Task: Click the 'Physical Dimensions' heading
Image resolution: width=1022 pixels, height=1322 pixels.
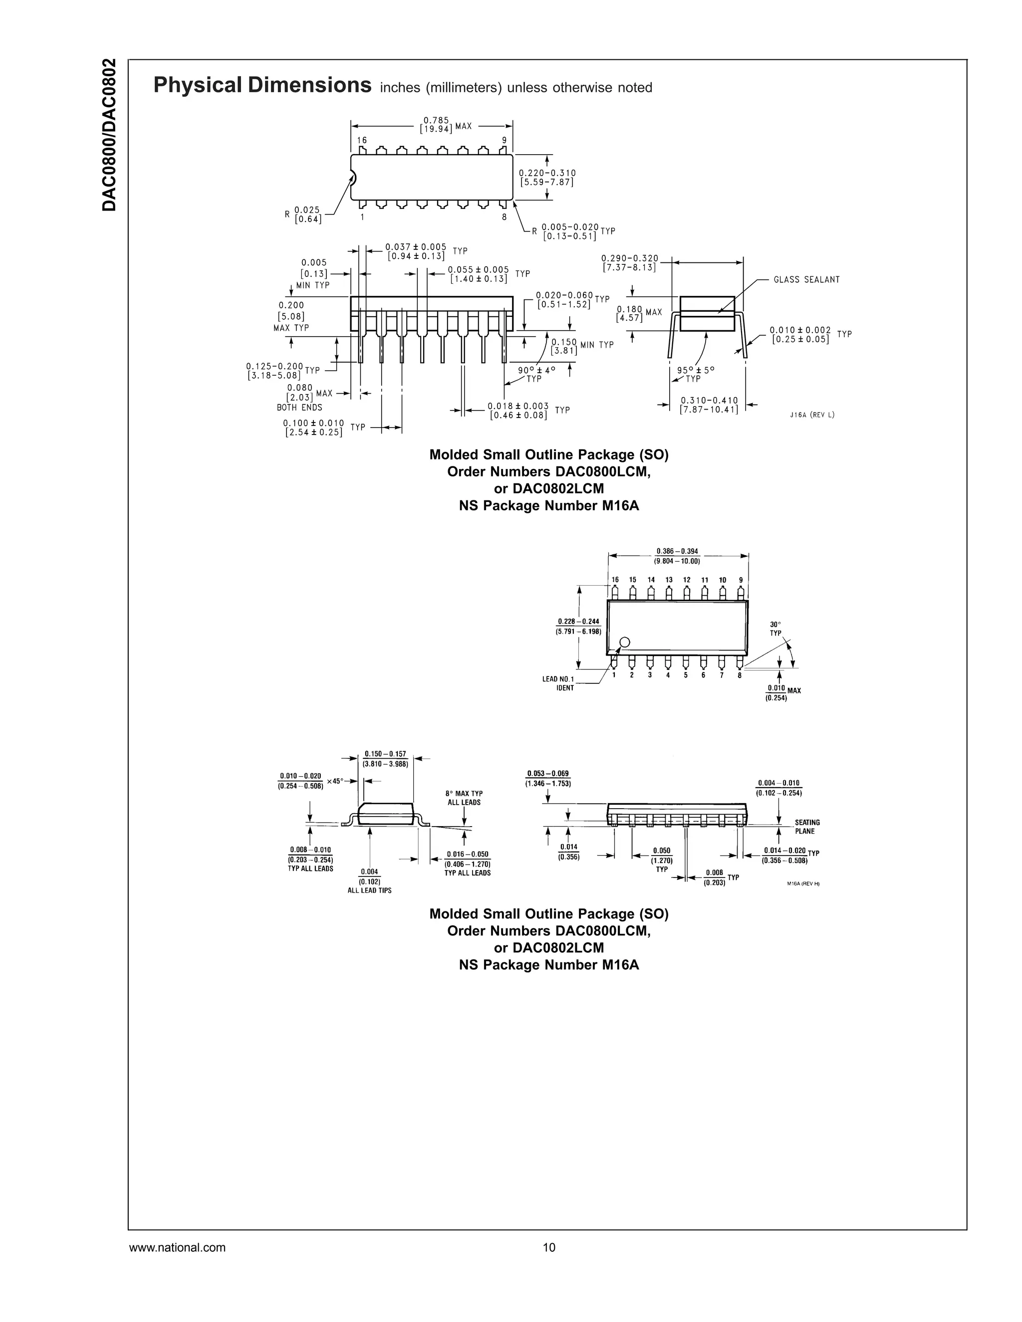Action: point(262,85)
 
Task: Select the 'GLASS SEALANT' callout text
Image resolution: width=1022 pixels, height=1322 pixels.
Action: point(806,280)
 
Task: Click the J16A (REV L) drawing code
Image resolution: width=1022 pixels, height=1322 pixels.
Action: point(812,415)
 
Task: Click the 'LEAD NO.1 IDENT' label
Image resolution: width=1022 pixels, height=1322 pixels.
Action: point(558,683)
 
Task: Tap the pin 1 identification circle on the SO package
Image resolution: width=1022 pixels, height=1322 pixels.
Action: point(625,642)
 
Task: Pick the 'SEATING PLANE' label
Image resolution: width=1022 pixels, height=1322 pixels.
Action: point(807,827)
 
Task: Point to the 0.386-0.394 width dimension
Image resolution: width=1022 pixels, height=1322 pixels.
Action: point(677,556)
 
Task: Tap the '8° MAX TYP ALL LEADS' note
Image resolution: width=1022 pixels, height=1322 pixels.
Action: point(464,798)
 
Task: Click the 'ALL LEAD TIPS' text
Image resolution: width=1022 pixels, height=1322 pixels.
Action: point(369,890)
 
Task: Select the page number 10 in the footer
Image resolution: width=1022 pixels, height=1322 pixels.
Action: point(548,1248)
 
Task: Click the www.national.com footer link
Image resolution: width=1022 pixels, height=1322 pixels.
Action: point(177,1248)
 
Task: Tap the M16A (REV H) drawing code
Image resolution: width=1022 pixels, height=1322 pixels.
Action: point(803,884)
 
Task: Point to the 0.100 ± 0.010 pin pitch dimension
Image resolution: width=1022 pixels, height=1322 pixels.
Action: point(313,428)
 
